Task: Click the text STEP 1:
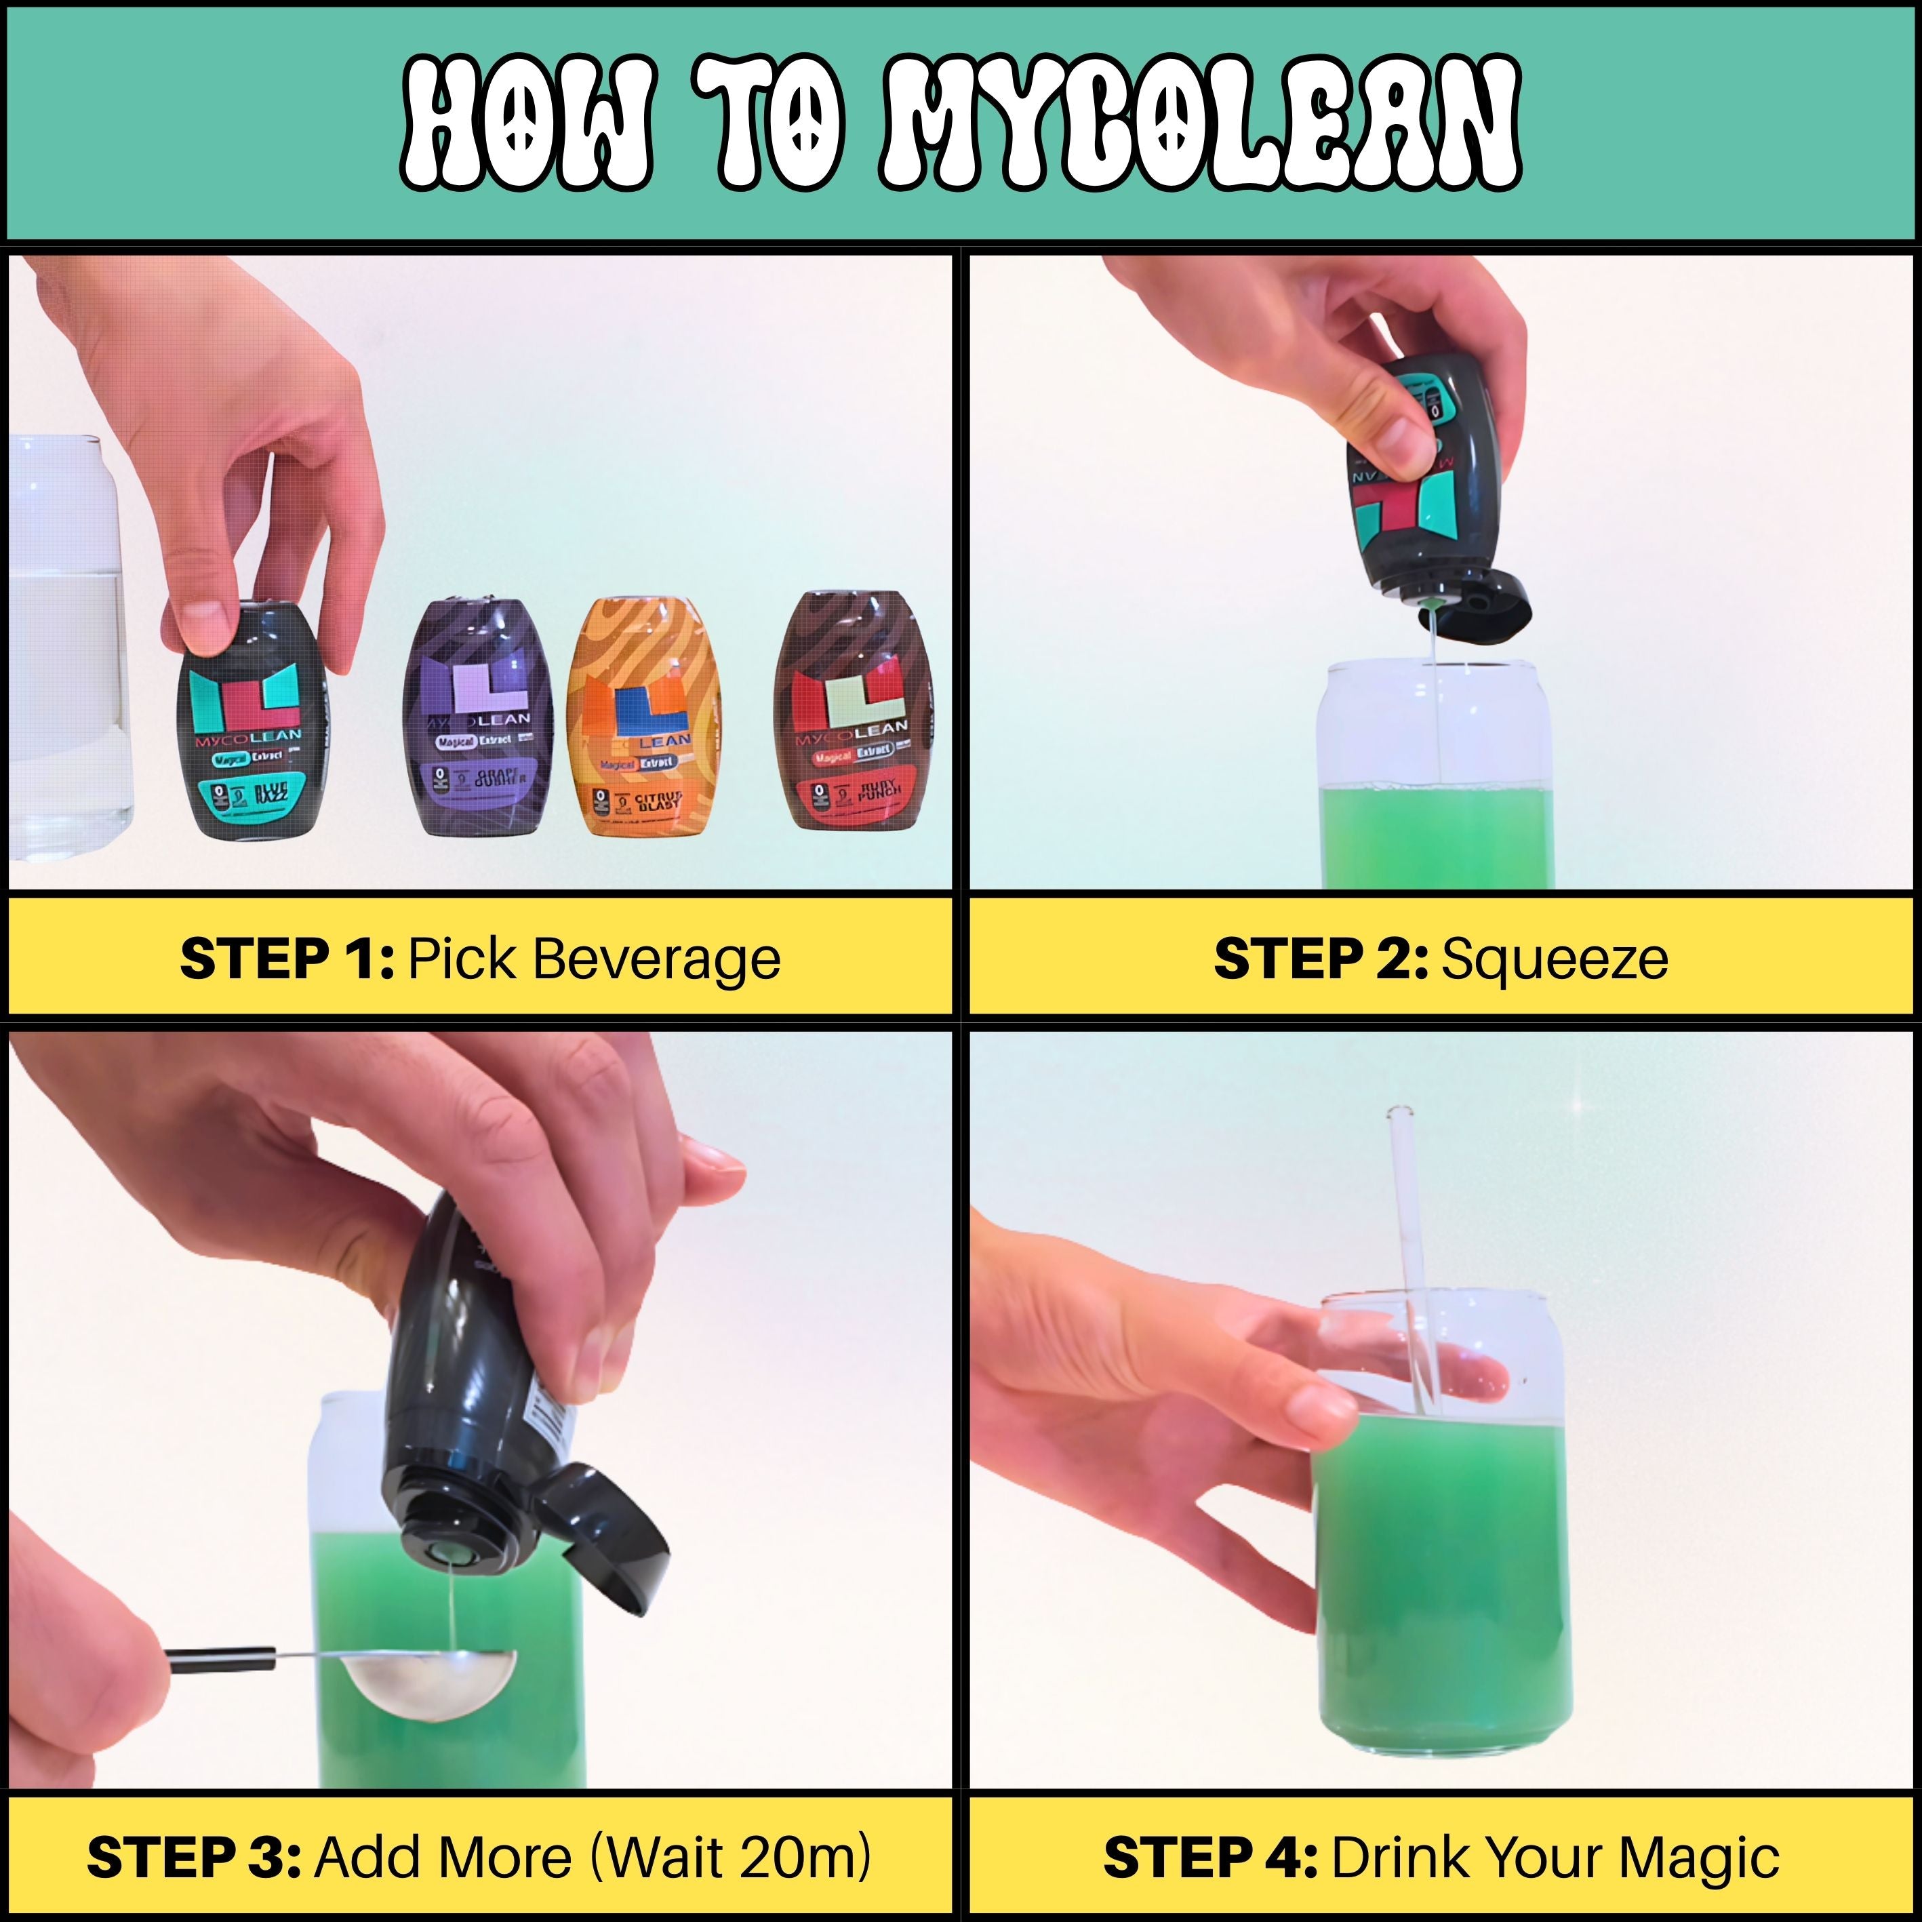tap(287, 959)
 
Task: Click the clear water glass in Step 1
tap(64, 647)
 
